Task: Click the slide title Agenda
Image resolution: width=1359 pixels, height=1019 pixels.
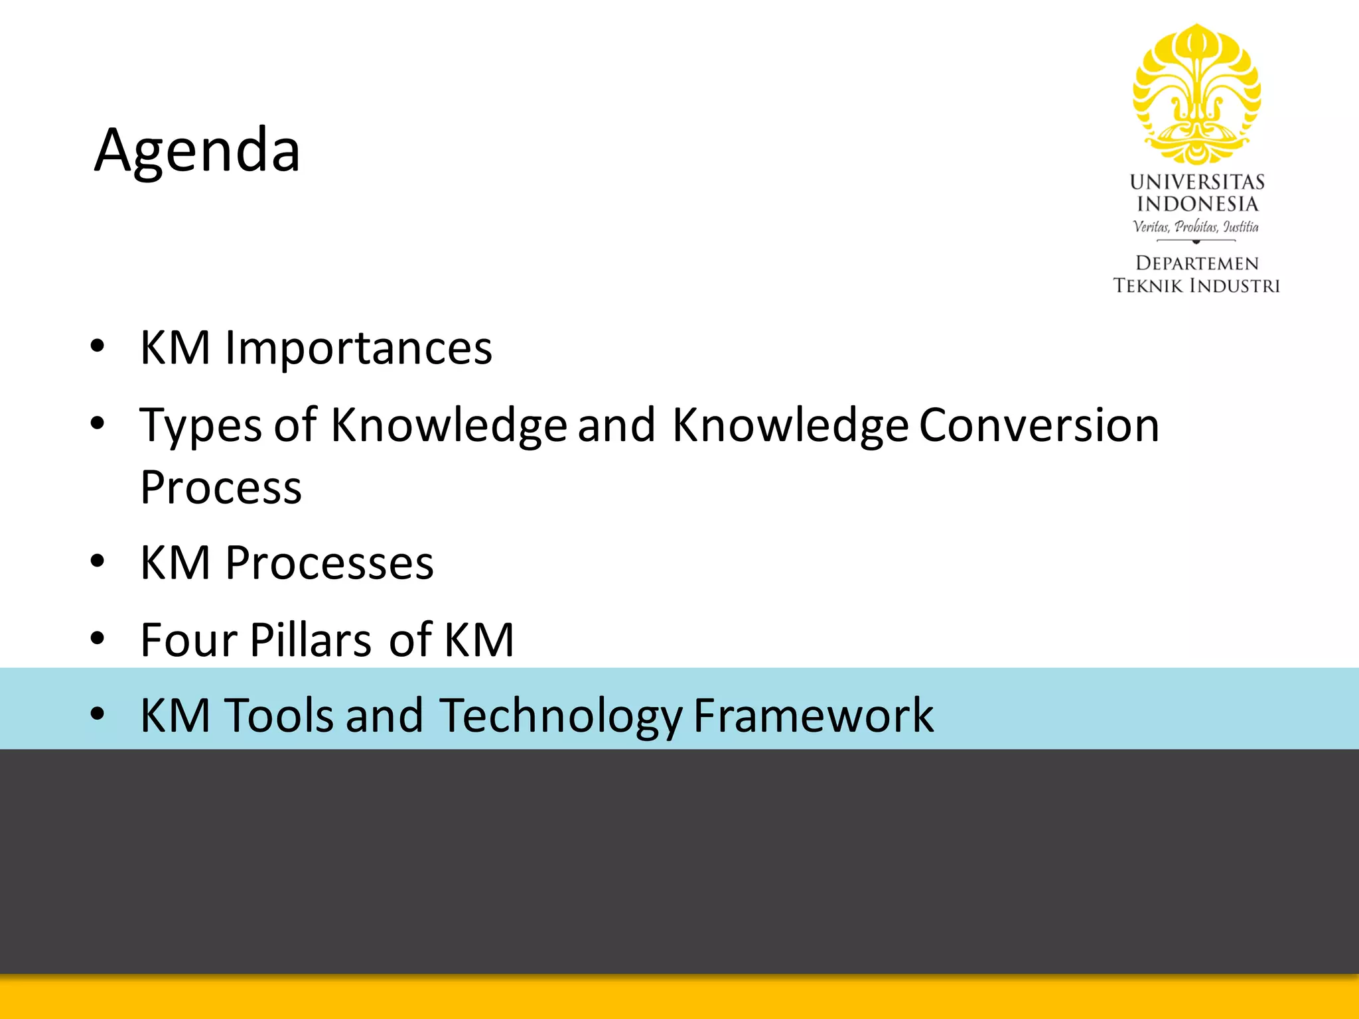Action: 197,151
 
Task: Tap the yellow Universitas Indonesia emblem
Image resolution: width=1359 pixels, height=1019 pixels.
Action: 1196,94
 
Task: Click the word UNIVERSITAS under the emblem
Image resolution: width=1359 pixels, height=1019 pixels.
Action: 1196,182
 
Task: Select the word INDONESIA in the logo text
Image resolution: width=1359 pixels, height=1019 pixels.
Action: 1196,204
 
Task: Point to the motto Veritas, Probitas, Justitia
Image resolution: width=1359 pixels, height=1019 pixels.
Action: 1196,226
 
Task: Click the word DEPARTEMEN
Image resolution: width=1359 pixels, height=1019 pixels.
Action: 1196,263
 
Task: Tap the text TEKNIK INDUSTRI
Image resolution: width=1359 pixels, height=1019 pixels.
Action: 1196,286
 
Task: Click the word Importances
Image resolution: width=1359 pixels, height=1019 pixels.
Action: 358,348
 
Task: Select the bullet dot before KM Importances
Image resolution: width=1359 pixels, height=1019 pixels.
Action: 98,346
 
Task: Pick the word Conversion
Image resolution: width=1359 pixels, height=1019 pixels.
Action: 1038,425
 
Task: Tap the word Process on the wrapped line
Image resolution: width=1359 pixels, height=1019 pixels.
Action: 221,488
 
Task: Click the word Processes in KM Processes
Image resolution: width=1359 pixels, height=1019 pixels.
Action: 329,563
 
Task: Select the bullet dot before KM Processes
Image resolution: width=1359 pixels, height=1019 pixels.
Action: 98,562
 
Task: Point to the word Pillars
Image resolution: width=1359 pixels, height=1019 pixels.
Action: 310,640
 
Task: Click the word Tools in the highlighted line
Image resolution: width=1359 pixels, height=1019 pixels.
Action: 279,715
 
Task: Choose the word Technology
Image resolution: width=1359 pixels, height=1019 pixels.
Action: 560,716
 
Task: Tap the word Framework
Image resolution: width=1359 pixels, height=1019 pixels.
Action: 813,715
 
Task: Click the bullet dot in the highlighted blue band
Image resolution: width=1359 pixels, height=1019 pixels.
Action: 98,714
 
